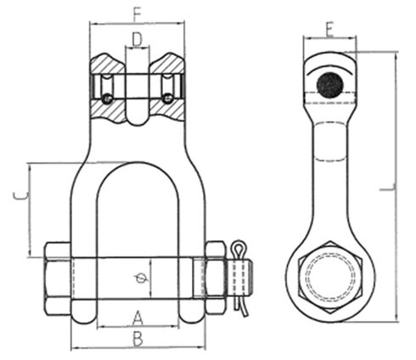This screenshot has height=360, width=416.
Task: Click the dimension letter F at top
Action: [137, 14]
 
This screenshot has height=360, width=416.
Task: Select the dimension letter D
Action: [137, 39]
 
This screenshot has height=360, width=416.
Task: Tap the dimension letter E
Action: [330, 30]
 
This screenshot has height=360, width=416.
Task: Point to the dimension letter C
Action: [20, 196]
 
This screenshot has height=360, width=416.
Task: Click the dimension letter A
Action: [138, 318]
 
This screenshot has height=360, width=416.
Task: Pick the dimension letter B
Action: [138, 340]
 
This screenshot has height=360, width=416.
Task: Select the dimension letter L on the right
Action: [387, 188]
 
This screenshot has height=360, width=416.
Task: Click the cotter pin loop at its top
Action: [238, 246]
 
